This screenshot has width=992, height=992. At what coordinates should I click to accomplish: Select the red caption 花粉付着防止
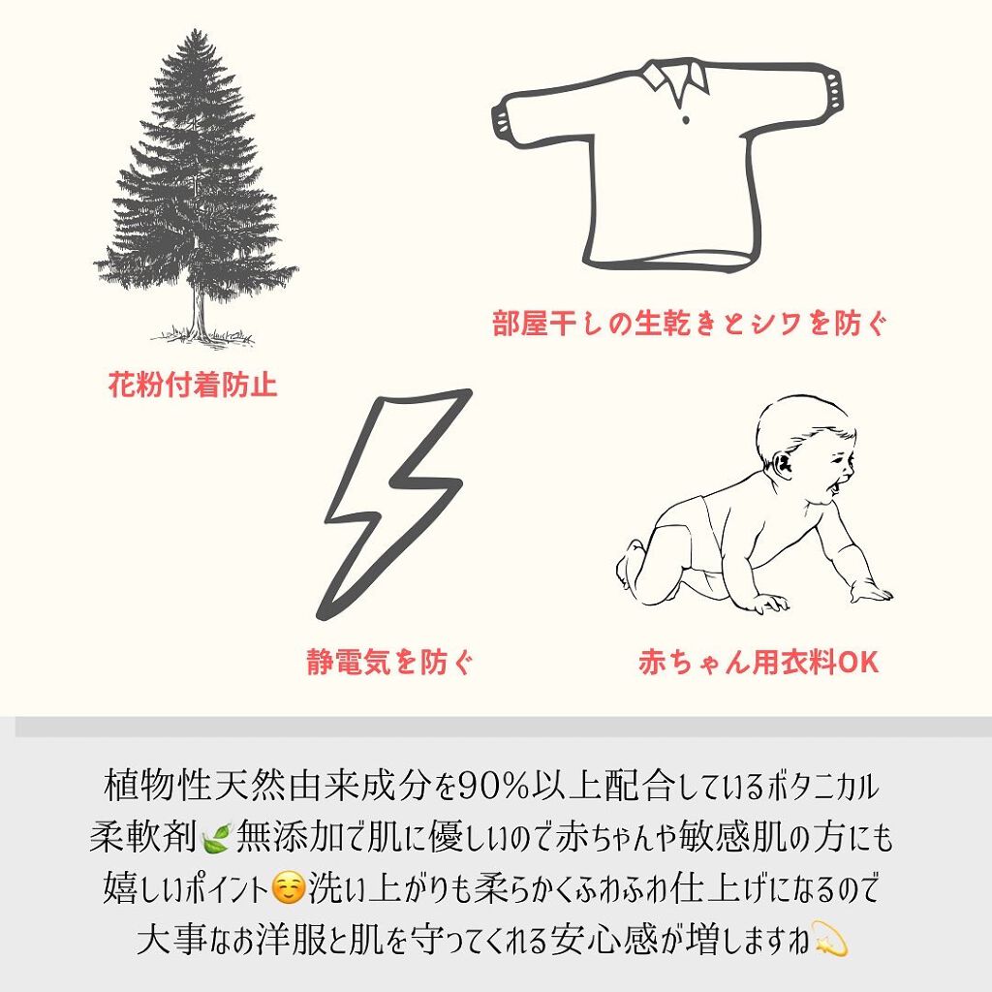[x=193, y=386]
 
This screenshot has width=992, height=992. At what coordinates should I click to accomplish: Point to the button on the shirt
[x=686, y=119]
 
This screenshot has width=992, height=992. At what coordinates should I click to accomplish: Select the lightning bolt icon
[x=397, y=504]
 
